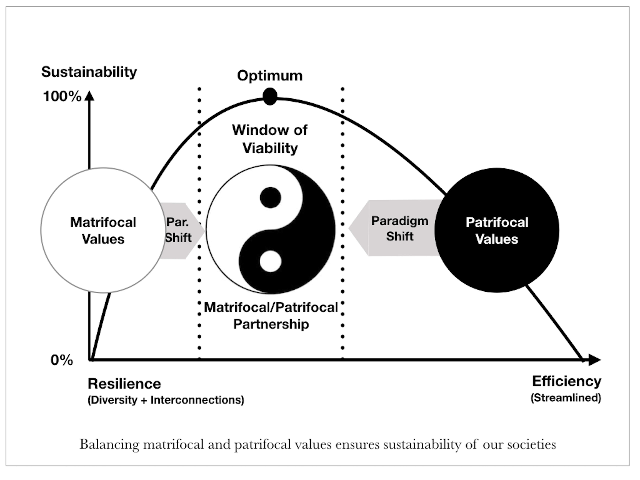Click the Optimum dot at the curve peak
(x=270, y=96)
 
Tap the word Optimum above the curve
(x=270, y=76)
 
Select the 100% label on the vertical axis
(x=62, y=96)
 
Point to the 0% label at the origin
(x=62, y=360)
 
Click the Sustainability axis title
(x=89, y=72)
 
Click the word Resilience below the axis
(x=124, y=384)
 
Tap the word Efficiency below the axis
(x=567, y=381)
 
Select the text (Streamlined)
(x=566, y=398)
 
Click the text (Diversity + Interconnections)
(x=166, y=400)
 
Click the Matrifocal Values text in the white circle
(x=103, y=231)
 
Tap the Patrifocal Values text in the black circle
(x=497, y=231)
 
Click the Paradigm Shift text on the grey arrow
(x=400, y=229)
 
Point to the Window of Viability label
(x=270, y=139)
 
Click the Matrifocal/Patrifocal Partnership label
(x=271, y=315)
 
